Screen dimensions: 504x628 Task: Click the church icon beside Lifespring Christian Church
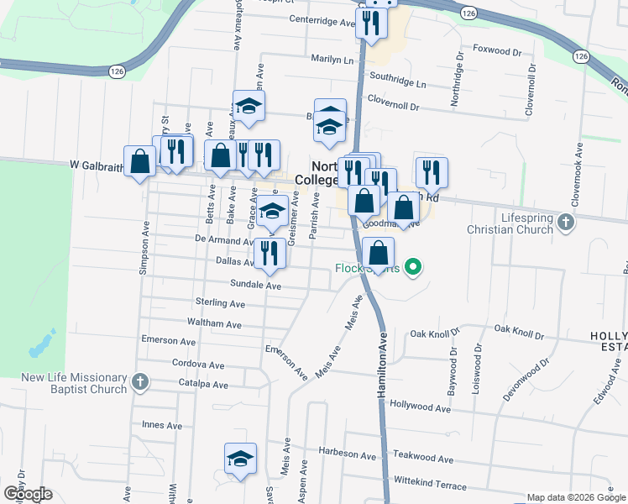click(x=566, y=223)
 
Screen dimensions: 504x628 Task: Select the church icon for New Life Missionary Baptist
click(x=140, y=383)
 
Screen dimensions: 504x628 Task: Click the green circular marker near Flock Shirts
click(x=413, y=268)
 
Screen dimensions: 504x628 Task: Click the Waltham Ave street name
click(x=217, y=323)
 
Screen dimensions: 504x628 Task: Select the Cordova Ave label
click(x=198, y=365)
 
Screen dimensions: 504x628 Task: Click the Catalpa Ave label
click(x=203, y=385)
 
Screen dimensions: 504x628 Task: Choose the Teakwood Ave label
click(x=423, y=459)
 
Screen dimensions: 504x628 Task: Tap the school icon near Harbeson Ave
click(x=240, y=459)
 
